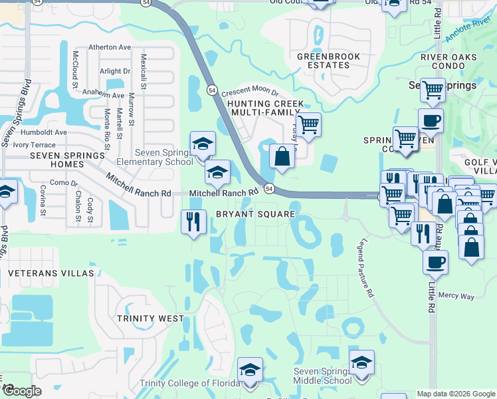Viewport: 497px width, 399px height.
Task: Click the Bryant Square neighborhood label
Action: (x=255, y=214)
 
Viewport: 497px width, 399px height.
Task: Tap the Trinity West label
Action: (x=150, y=319)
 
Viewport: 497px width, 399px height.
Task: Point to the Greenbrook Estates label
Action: (x=324, y=61)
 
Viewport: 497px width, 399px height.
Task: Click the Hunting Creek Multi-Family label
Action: (x=265, y=108)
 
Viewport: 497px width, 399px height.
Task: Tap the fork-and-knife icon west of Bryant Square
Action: (x=193, y=221)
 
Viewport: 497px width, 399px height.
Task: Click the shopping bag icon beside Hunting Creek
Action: (x=282, y=157)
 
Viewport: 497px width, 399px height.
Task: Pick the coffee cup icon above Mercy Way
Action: (x=435, y=261)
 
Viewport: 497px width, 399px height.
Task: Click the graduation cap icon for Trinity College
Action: (x=250, y=370)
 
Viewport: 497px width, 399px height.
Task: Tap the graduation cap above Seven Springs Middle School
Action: (x=361, y=362)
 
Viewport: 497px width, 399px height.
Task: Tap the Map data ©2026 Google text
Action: (x=455, y=394)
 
